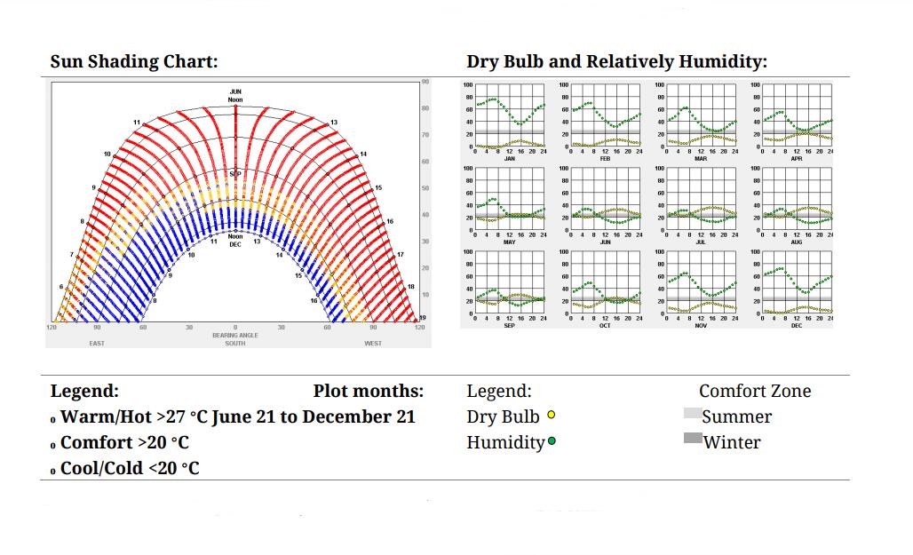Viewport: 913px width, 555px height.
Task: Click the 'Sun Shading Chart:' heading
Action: click(x=134, y=61)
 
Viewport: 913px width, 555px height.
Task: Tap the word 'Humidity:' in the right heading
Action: click(x=722, y=61)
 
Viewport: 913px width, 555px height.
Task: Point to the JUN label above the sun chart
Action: click(x=235, y=91)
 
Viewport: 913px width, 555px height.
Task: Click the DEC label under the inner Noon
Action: click(x=235, y=243)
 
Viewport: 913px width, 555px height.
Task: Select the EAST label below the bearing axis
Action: click(x=97, y=343)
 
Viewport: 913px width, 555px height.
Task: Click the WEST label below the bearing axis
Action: click(x=373, y=343)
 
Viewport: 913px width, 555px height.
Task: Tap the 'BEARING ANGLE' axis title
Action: click(x=235, y=335)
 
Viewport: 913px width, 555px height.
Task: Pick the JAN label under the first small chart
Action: click(x=509, y=158)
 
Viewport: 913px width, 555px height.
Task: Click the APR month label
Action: click(x=797, y=158)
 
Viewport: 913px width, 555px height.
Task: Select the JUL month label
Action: click(x=701, y=242)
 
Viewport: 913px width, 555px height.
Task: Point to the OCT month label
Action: click(x=605, y=325)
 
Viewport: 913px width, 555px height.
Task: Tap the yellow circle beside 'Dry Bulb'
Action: click(x=552, y=415)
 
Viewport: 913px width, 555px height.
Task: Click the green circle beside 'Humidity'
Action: click(x=552, y=441)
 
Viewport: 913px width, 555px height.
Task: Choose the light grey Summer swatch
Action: click(x=693, y=414)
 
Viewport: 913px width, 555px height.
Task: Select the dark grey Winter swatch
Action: click(x=693, y=438)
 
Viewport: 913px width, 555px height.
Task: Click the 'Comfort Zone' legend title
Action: click(x=755, y=391)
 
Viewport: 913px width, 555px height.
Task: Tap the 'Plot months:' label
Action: click(x=369, y=391)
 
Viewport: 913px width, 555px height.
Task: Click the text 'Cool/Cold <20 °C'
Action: click(x=130, y=468)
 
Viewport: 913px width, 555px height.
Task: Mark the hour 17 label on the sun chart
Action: click(x=400, y=255)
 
